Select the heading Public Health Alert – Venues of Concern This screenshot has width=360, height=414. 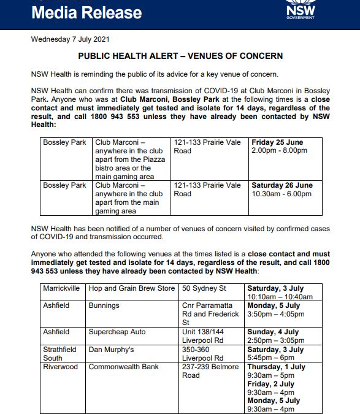pyautogui.click(x=180, y=56)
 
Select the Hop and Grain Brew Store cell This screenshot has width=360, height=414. pyautogui.click(x=131, y=288)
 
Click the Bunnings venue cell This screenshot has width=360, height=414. pyautogui.click(x=104, y=305)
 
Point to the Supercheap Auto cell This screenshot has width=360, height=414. pyautogui.click(x=117, y=332)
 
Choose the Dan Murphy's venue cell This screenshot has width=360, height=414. pyautogui.click(x=111, y=350)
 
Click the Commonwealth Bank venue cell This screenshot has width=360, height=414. pyautogui.click(x=123, y=367)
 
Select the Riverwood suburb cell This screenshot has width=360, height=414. pyautogui.click(x=60, y=367)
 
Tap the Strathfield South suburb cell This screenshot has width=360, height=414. pyautogui.click(x=60, y=353)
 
